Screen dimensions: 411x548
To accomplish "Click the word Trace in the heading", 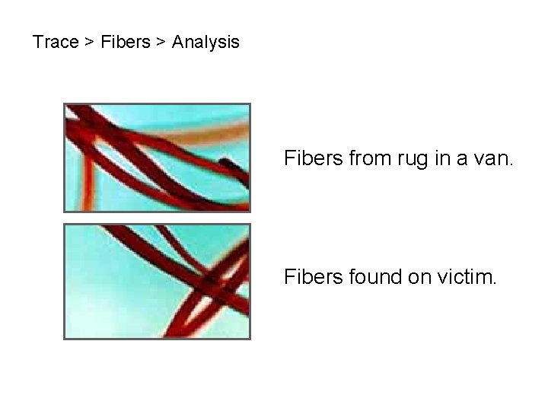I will coord(56,42).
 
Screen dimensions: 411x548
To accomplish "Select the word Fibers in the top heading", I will coord(126,42).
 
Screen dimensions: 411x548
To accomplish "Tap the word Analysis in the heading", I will coord(205,42).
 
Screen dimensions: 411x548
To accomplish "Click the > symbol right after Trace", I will coord(89,43).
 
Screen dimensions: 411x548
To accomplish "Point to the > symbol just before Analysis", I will coord(161,43).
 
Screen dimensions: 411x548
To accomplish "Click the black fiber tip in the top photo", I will coord(225,161).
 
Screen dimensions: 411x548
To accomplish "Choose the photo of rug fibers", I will coord(157,157).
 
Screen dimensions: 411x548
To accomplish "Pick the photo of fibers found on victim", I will coord(157,282).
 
